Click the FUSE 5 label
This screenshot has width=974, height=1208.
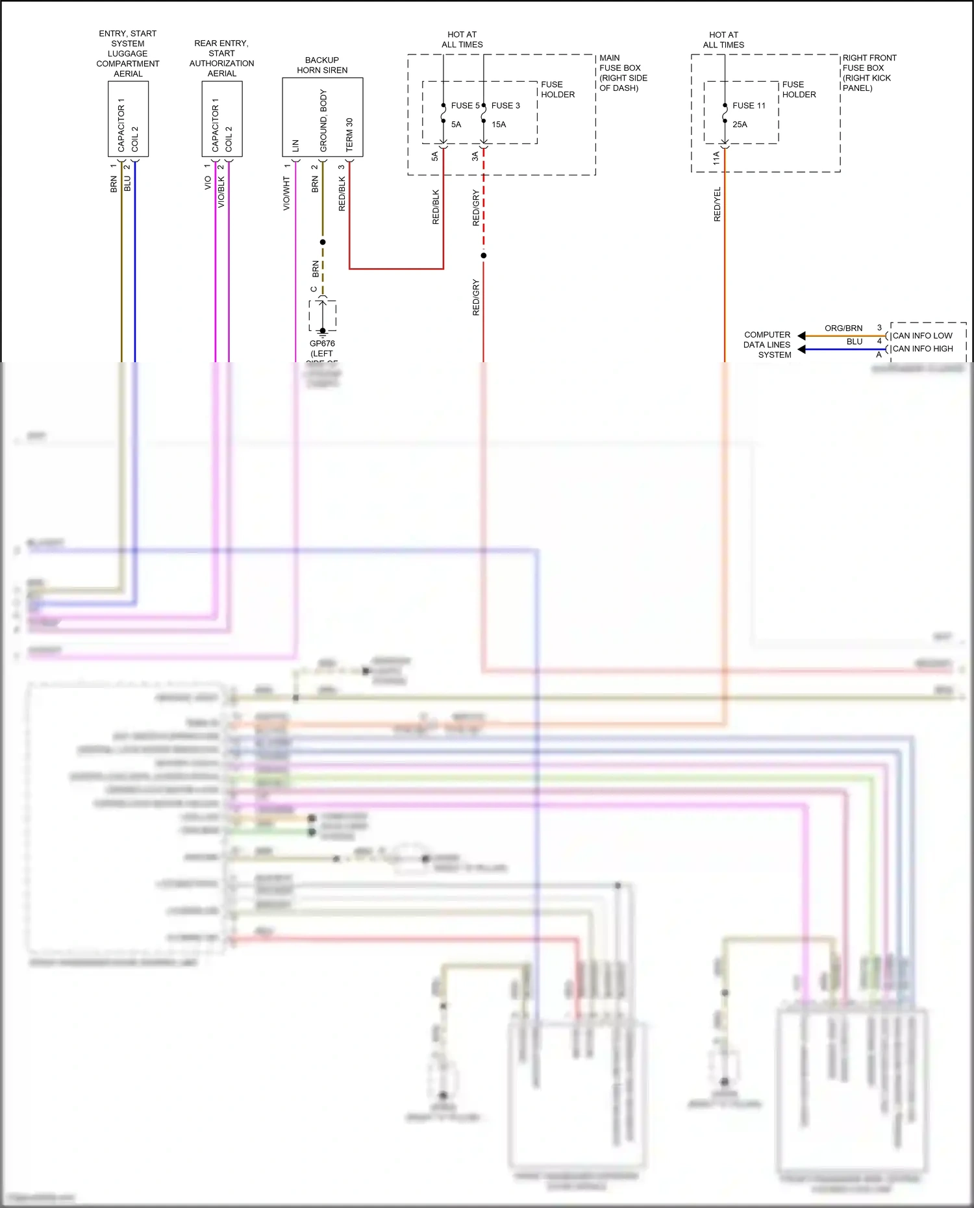(x=465, y=105)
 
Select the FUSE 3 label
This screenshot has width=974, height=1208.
(x=505, y=105)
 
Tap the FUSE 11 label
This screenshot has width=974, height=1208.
(x=749, y=105)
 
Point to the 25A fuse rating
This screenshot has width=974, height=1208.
(x=740, y=124)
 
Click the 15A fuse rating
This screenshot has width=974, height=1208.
(x=498, y=124)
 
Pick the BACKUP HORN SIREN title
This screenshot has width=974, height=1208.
(x=322, y=65)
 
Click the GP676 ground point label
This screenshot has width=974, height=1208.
(x=322, y=343)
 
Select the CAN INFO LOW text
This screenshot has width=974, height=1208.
(x=922, y=336)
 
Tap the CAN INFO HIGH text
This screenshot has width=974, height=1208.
(x=923, y=349)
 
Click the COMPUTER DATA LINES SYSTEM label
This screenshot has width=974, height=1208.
(x=768, y=345)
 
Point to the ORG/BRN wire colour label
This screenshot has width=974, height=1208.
(x=843, y=328)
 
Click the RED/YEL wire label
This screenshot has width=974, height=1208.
(x=717, y=204)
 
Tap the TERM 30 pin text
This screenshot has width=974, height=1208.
(x=349, y=134)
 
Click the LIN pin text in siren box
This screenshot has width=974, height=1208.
(x=295, y=145)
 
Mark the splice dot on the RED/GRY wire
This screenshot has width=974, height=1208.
(x=483, y=255)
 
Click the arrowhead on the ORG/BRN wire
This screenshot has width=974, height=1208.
(x=801, y=336)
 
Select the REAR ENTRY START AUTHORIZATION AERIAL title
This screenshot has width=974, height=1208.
(x=221, y=58)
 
